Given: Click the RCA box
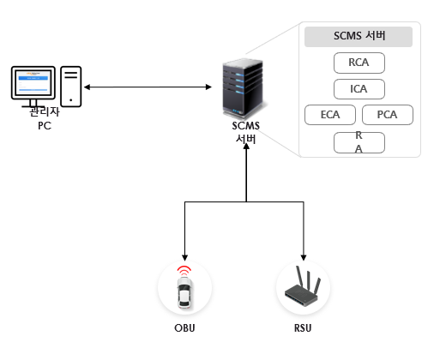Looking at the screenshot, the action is click(x=359, y=63).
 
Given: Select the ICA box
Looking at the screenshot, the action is click(x=359, y=89).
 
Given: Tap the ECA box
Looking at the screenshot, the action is click(x=330, y=115).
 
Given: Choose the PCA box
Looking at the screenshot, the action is click(x=388, y=115).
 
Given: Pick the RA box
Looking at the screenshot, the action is click(x=359, y=142).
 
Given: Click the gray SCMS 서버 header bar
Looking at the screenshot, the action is click(x=359, y=37).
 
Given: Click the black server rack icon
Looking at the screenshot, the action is click(x=243, y=88).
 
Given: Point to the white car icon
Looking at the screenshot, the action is click(x=184, y=293).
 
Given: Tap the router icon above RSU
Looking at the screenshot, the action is click(x=303, y=286).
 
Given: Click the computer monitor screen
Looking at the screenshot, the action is click(x=33, y=83).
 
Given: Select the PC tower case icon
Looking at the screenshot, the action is click(x=71, y=87).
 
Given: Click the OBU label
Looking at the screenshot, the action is click(x=184, y=328).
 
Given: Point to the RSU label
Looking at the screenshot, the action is click(x=303, y=328).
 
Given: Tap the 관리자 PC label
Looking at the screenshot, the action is click(x=45, y=118).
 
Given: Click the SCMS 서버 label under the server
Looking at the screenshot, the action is click(x=246, y=132).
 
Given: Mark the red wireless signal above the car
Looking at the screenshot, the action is click(x=184, y=270).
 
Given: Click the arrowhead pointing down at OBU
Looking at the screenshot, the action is click(x=184, y=257).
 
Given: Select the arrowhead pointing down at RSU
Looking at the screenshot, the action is click(x=304, y=257).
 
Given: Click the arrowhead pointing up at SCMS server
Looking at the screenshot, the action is click(x=246, y=147).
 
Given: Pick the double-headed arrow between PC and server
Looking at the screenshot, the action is click(x=148, y=87).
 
